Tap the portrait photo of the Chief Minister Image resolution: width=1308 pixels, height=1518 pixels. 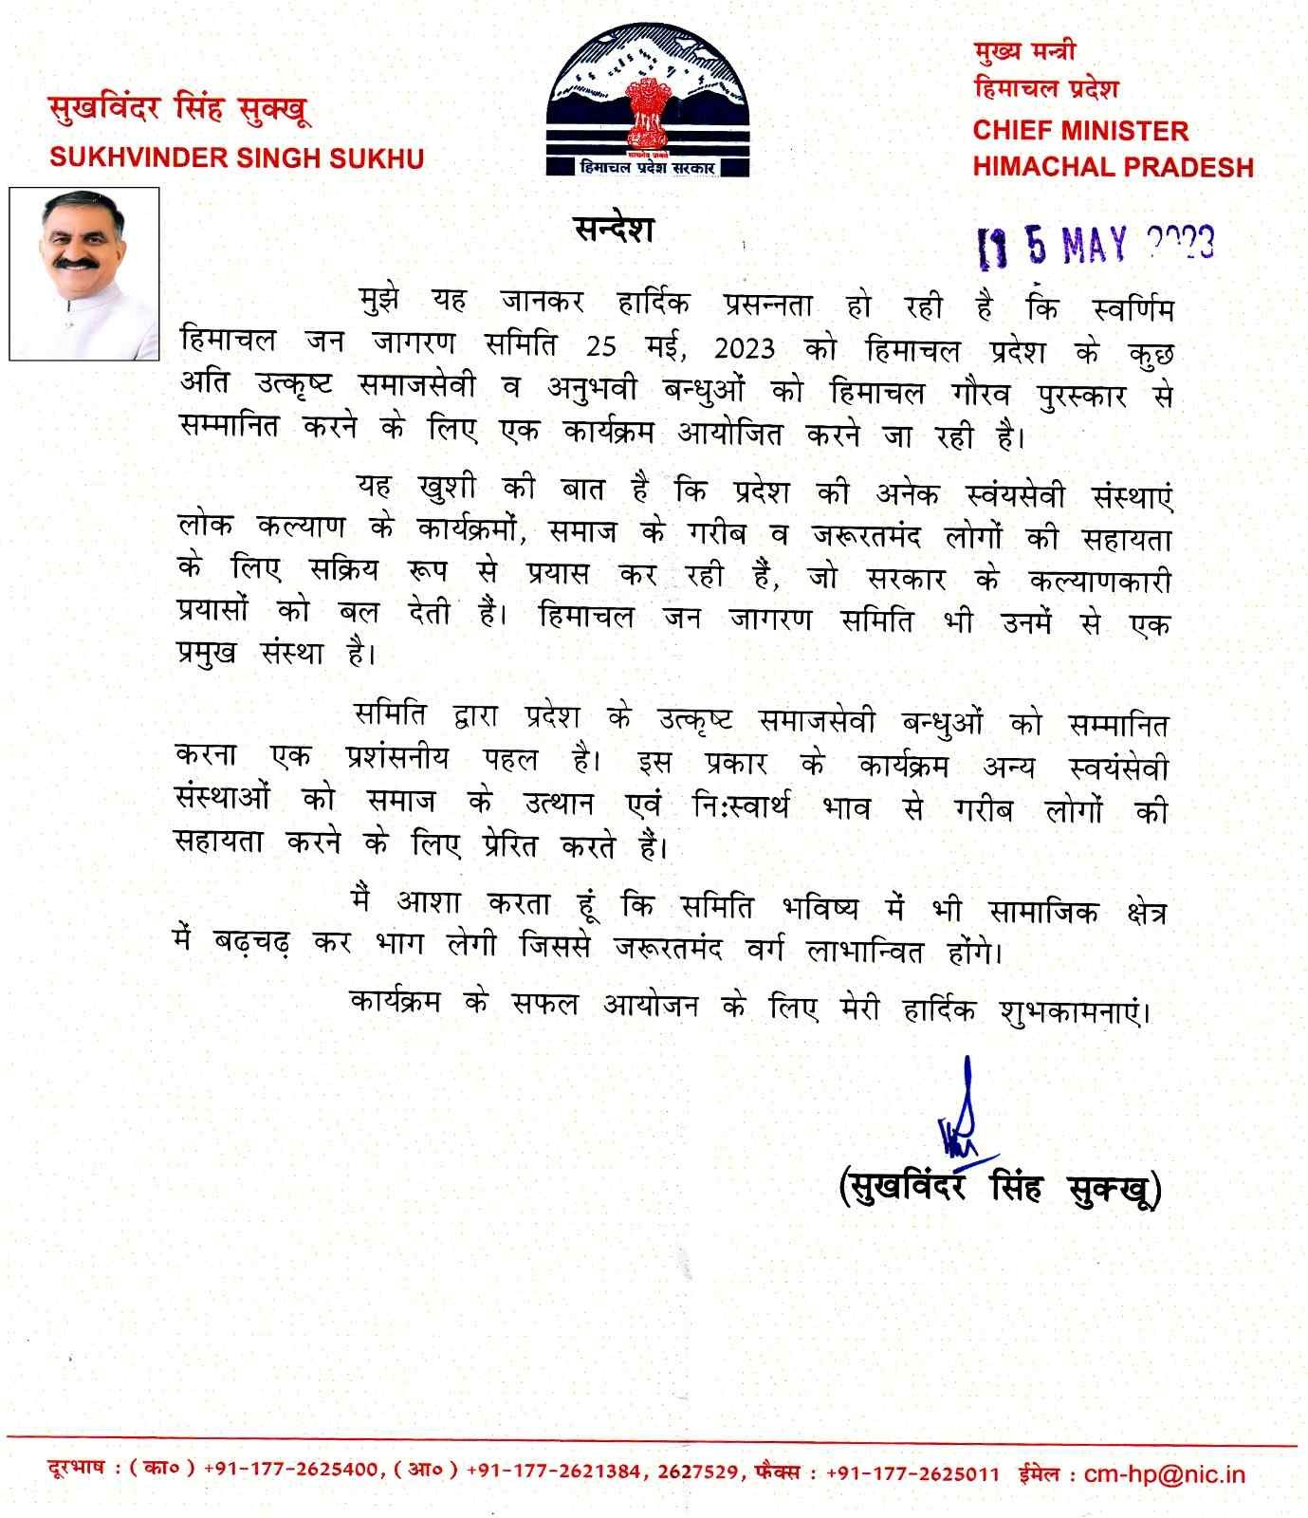[x=85, y=273]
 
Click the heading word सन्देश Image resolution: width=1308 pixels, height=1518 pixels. [x=614, y=229]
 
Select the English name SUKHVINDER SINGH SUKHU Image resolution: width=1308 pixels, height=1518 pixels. [x=236, y=157]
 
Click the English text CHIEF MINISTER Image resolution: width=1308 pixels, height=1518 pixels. [x=1080, y=130]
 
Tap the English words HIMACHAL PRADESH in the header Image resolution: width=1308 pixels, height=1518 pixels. [x=1113, y=167]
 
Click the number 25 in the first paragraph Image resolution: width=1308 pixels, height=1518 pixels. [x=600, y=347]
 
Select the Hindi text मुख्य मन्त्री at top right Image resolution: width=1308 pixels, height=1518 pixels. [x=1024, y=52]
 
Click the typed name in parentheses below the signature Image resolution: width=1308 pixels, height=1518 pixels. [x=1000, y=1187]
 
